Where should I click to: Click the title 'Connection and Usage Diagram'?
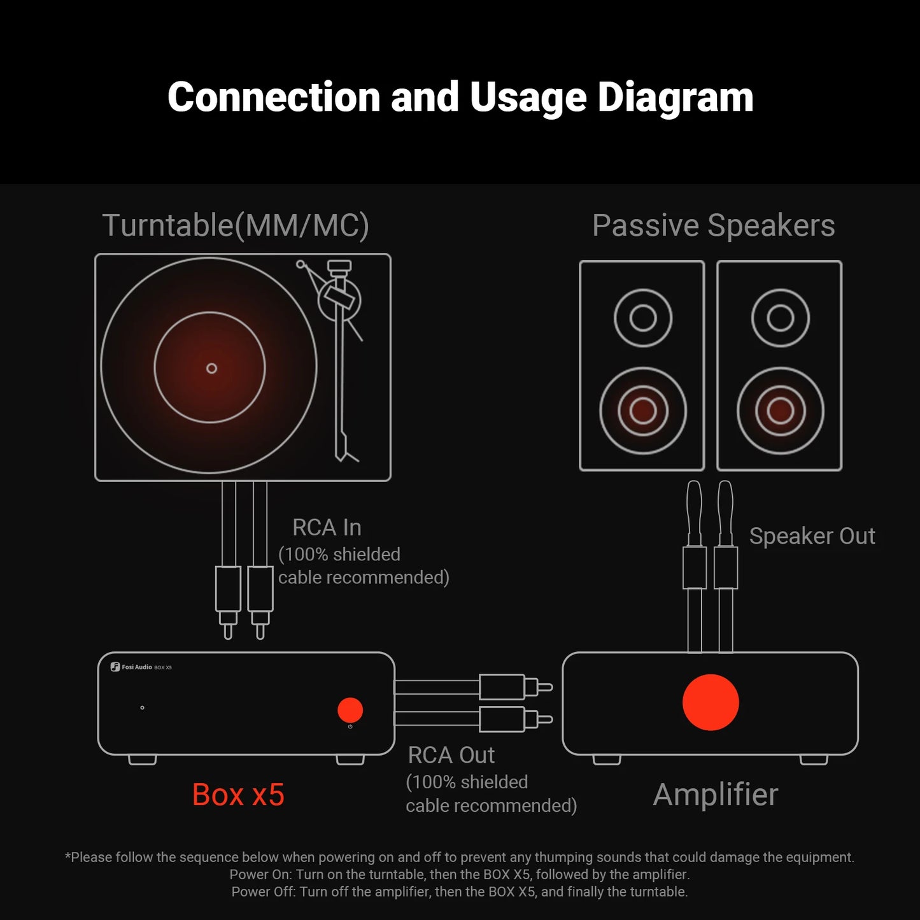pyautogui.click(x=460, y=97)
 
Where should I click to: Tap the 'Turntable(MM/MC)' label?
pyautogui.click(x=236, y=225)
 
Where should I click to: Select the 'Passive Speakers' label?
pyautogui.click(x=713, y=225)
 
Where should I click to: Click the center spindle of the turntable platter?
pyautogui.click(x=211, y=368)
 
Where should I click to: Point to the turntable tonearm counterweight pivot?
pyautogui.click(x=339, y=299)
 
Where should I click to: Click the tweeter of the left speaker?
pyautogui.click(x=642, y=318)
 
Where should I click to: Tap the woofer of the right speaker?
pyautogui.click(x=780, y=411)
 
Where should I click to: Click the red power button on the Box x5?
pyautogui.click(x=350, y=710)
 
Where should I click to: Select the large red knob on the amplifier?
pyautogui.click(x=711, y=702)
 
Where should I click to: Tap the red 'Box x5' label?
pyautogui.click(x=238, y=795)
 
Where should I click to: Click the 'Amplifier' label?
pyautogui.click(x=716, y=795)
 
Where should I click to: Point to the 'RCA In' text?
pyautogui.click(x=327, y=527)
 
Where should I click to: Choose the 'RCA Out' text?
pyautogui.click(x=451, y=755)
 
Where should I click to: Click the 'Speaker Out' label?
pyautogui.click(x=812, y=536)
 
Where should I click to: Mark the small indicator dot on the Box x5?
pyautogui.click(x=142, y=707)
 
